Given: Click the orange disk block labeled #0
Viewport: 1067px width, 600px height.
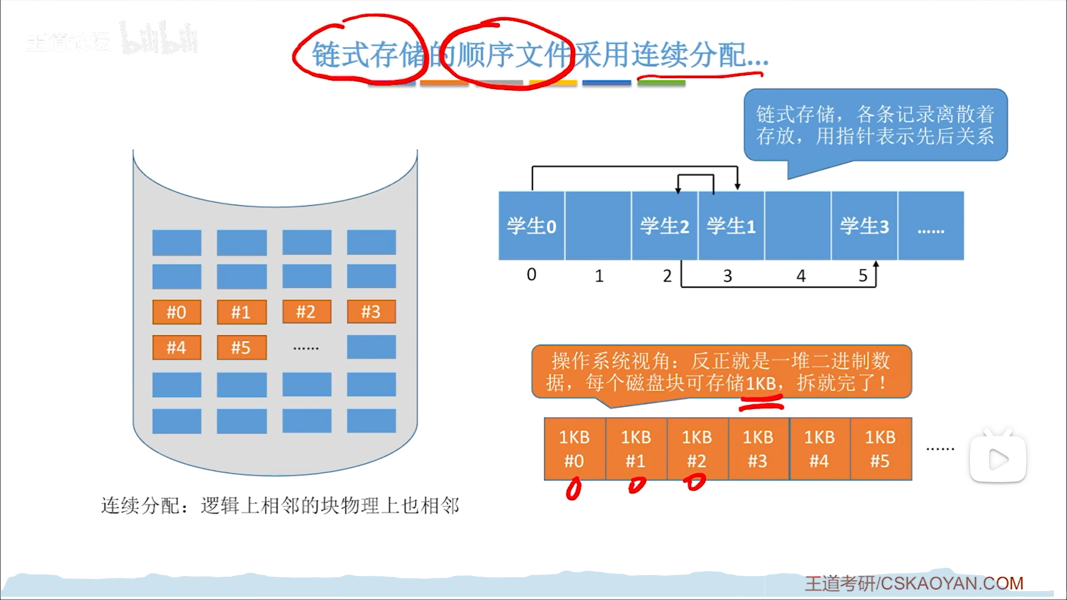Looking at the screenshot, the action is click(177, 312).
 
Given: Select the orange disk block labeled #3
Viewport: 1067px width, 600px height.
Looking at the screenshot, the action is click(371, 312).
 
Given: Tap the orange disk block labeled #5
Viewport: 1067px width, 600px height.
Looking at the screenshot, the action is click(241, 348).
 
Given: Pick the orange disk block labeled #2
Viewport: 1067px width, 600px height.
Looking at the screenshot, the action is click(306, 312).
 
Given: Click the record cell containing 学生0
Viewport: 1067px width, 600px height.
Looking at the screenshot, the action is click(531, 226).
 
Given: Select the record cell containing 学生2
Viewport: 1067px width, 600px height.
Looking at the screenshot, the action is click(665, 226).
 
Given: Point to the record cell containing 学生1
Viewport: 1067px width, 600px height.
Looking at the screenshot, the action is click(731, 226).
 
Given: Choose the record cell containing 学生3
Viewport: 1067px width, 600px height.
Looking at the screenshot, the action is click(864, 226).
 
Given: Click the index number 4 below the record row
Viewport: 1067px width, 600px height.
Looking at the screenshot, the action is click(801, 276).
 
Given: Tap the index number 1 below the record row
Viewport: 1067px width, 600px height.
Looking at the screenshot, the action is click(599, 276).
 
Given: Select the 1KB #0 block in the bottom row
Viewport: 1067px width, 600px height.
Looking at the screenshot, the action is click(575, 449).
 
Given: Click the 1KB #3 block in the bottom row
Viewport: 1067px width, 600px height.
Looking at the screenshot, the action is click(758, 449).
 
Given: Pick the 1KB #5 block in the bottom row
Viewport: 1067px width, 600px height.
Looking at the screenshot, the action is click(880, 449).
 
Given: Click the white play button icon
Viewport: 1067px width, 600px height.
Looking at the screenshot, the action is click(998, 459).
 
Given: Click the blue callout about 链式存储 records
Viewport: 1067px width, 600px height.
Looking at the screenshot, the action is click(875, 125).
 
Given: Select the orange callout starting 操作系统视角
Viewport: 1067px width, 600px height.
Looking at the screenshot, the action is click(721, 371).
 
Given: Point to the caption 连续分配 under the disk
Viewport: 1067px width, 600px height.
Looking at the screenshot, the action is click(280, 506).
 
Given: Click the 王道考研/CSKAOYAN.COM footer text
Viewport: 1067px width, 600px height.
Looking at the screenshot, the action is click(914, 583).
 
